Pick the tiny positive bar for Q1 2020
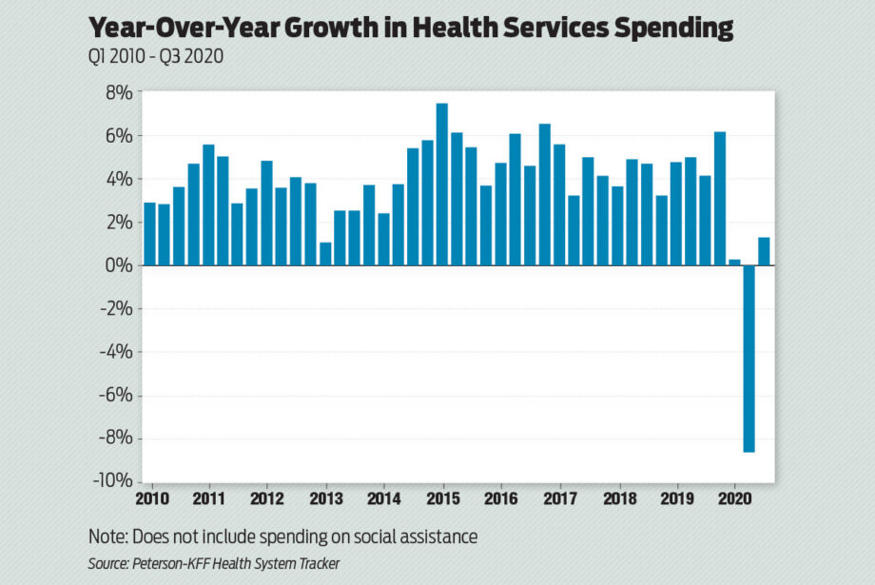click(x=734, y=262)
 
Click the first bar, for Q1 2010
click(x=149, y=234)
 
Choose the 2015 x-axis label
click(x=443, y=497)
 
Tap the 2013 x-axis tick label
click(x=326, y=497)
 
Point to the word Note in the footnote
click(x=107, y=536)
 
